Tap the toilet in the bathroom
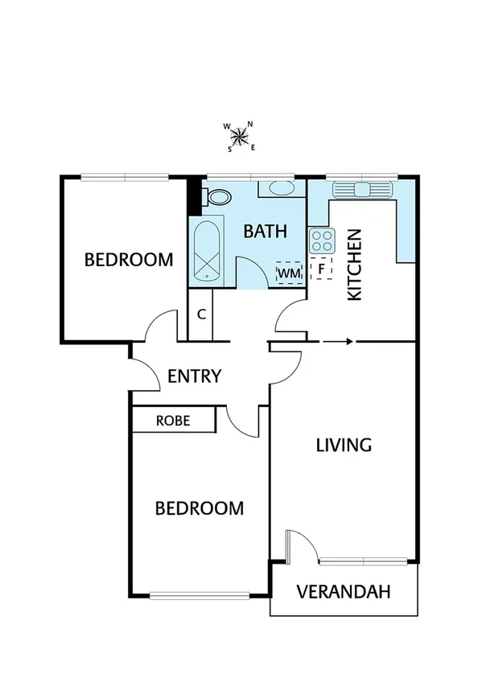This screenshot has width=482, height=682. tap(216, 197)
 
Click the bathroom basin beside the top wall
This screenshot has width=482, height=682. tap(281, 189)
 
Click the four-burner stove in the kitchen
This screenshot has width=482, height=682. tap(322, 240)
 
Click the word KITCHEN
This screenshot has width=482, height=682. tap(355, 265)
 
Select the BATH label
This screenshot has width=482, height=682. tap(265, 232)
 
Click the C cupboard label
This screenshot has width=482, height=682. tap(201, 314)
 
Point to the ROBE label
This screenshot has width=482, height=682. tap(173, 420)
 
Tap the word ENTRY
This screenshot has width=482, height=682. tap(194, 376)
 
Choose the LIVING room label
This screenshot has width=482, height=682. tap(343, 445)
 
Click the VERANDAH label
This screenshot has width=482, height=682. tap(344, 593)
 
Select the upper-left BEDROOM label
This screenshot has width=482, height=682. tap(129, 260)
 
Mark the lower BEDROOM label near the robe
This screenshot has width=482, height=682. tap(199, 508)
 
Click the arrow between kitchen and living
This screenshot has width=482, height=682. tap(337, 342)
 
